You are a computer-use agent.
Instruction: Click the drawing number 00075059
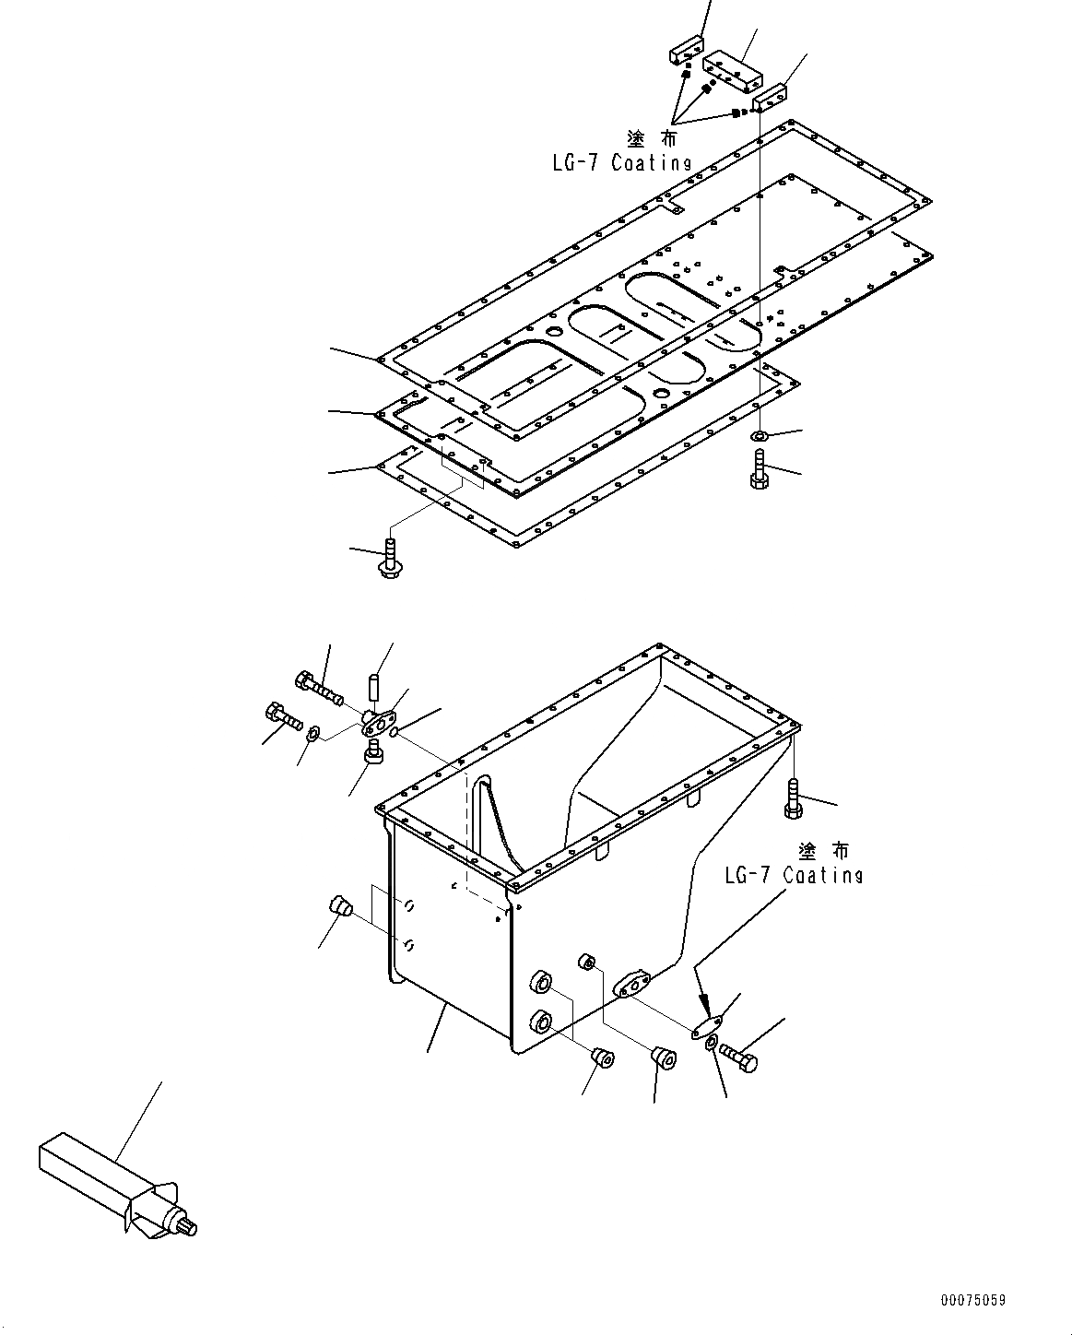(972, 1300)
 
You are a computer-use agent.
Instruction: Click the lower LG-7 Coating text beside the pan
(794, 875)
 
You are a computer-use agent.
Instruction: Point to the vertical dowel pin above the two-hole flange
(375, 688)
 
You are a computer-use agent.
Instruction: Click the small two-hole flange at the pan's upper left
(382, 719)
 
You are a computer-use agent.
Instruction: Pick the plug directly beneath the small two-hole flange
(374, 753)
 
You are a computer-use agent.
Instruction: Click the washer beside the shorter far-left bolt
(312, 733)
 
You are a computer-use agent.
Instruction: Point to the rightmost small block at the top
(769, 96)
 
